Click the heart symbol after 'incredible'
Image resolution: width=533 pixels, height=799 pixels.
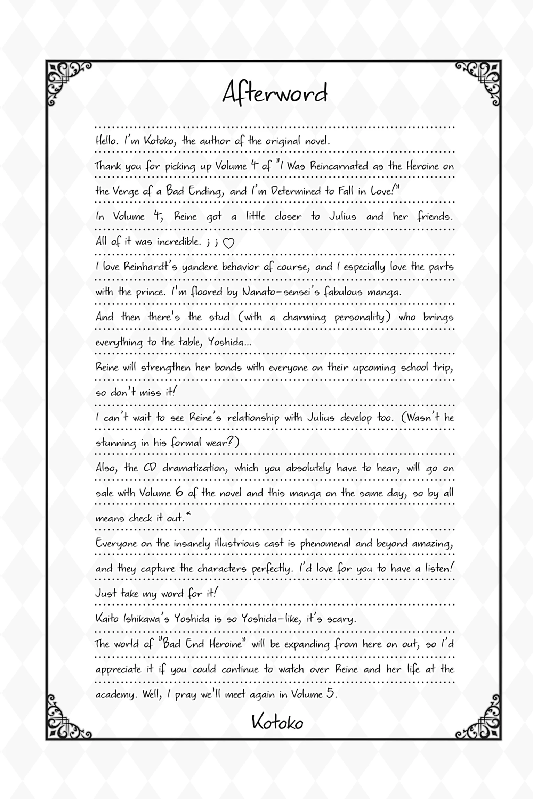tap(228, 244)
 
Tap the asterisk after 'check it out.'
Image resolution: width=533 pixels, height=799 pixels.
tap(188, 516)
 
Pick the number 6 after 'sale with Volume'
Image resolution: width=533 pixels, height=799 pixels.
tap(179, 493)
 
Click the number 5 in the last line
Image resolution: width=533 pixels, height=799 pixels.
tap(330, 693)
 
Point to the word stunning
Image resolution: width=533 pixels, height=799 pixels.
tap(116, 443)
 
